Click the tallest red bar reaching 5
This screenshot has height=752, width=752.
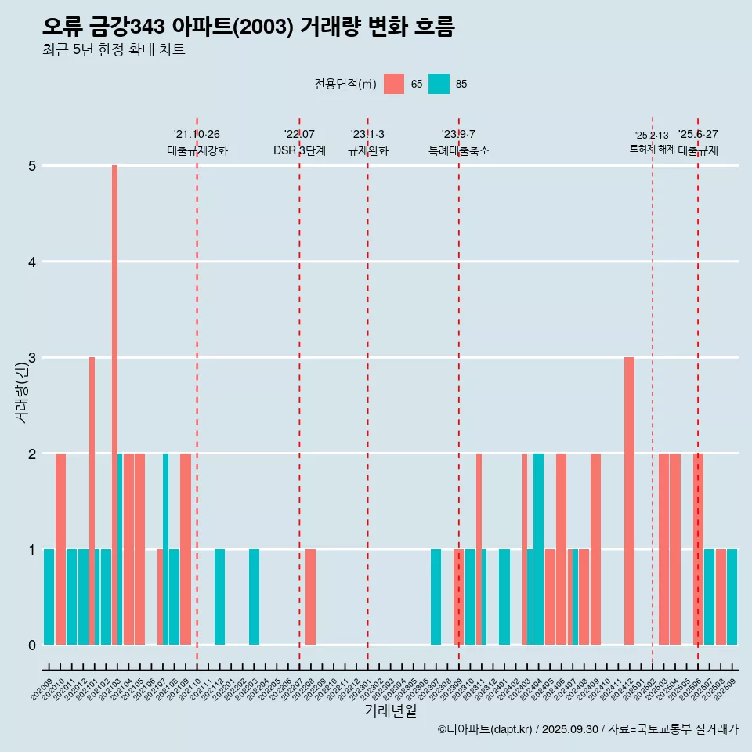(x=114, y=404)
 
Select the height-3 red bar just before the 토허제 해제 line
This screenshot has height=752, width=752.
(x=629, y=501)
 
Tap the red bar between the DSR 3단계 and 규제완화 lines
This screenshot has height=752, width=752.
(x=310, y=597)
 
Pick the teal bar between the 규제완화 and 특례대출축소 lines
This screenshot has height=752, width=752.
(x=436, y=597)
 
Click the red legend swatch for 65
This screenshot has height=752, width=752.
(x=394, y=84)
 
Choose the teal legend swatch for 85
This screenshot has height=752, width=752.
(x=439, y=84)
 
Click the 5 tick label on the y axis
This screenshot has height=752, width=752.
(x=32, y=166)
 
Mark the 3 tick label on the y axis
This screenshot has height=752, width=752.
(x=32, y=358)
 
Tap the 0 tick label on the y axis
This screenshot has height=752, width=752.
(x=32, y=645)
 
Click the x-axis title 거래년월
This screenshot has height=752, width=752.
(x=390, y=710)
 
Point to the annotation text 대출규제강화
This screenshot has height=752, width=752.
(x=197, y=150)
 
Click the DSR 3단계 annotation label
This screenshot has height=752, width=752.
(x=299, y=150)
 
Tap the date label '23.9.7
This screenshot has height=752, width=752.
(x=458, y=135)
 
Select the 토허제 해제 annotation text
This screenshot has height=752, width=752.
(x=652, y=149)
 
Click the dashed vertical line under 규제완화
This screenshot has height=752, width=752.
(x=367, y=392)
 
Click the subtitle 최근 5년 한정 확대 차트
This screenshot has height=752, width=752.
(x=114, y=50)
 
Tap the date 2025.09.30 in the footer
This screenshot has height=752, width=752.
(x=569, y=729)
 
